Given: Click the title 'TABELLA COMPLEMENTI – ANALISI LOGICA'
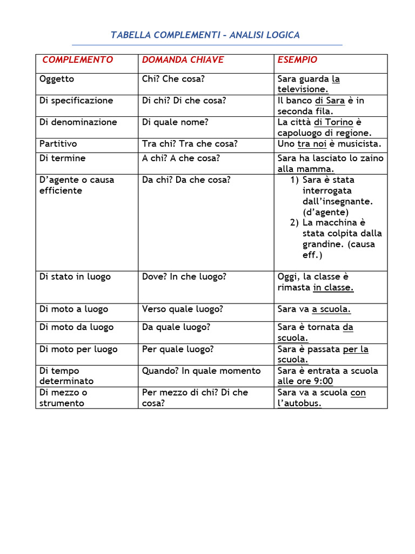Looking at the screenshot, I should (x=205, y=35).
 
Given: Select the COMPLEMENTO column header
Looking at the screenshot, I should (x=78, y=60).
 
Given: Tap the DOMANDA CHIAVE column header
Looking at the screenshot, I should (x=183, y=60).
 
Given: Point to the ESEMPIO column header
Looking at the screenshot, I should (x=297, y=60).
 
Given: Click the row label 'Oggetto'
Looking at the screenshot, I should (x=57, y=79).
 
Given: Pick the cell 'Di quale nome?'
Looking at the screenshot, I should (x=173, y=122).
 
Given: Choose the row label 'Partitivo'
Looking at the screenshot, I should (x=58, y=144).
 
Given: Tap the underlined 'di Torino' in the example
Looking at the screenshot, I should (x=333, y=122).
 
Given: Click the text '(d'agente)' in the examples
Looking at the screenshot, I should (x=326, y=212).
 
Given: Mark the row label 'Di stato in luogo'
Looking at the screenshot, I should (x=75, y=277).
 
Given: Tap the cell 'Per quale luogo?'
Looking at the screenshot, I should (x=178, y=349).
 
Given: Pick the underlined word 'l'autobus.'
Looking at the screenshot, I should (x=299, y=403).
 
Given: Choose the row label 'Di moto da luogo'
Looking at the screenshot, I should (x=76, y=327).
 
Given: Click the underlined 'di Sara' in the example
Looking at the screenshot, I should (x=330, y=101).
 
